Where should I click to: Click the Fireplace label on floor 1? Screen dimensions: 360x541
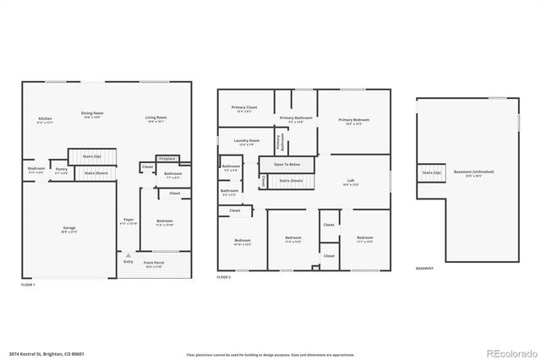(168, 158)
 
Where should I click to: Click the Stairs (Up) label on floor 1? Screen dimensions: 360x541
(91, 156)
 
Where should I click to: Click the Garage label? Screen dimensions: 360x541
(69, 228)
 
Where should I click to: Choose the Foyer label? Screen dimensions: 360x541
(128, 221)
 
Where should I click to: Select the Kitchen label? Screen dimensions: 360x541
(45, 118)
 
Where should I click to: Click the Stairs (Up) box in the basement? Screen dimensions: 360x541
(431, 172)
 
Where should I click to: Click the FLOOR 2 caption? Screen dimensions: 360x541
(224, 277)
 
